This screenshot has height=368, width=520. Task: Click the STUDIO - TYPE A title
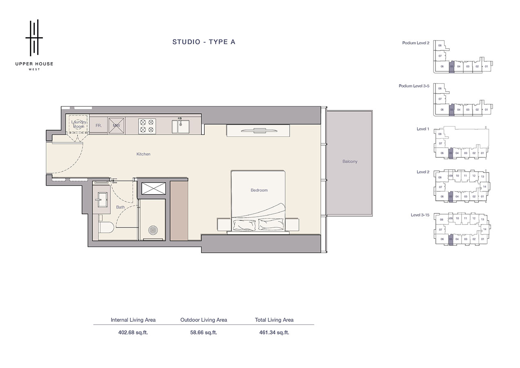(203, 42)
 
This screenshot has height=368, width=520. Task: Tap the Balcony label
(350, 162)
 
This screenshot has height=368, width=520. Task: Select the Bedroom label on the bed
(259, 190)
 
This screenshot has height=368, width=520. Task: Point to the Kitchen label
(143, 154)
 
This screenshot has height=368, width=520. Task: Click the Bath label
(121, 207)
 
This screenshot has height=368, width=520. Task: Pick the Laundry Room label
(78, 124)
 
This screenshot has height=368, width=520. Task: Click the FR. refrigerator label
(99, 126)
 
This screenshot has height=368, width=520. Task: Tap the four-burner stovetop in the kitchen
(147, 126)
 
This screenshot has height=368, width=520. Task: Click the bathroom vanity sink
(101, 200)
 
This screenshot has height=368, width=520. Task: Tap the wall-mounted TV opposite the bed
(259, 131)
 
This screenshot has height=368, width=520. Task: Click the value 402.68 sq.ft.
(133, 332)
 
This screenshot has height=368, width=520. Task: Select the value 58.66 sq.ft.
(203, 332)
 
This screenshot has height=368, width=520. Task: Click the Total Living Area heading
(274, 320)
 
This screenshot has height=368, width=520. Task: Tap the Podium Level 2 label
(415, 43)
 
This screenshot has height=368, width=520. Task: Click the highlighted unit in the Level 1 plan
(451, 153)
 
